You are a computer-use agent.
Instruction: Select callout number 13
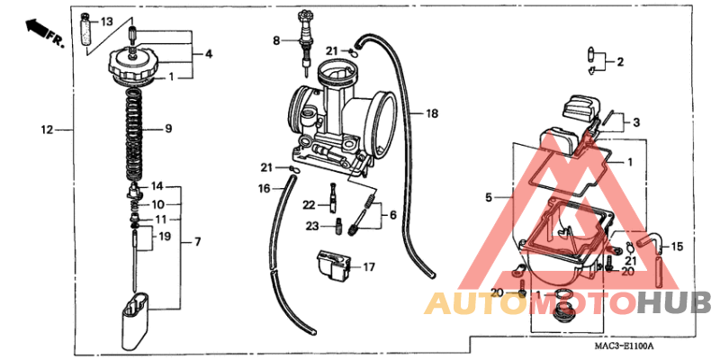(106, 21)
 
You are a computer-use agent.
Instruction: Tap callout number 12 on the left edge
(47, 130)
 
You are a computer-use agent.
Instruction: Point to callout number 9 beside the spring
(167, 129)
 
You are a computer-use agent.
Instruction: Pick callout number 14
(157, 186)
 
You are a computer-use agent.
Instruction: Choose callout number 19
(164, 237)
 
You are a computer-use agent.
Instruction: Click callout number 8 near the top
(278, 40)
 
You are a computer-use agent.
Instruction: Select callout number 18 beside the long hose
(432, 114)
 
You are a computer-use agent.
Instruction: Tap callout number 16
(265, 188)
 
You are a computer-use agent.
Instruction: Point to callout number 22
(308, 205)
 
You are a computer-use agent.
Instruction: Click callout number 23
(311, 225)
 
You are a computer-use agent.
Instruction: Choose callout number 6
(391, 215)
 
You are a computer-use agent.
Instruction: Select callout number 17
(368, 266)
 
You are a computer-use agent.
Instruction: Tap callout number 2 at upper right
(620, 62)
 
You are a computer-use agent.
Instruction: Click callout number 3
(635, 122)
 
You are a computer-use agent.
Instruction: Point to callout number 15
(678, 246)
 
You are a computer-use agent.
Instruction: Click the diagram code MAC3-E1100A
(623, 346)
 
